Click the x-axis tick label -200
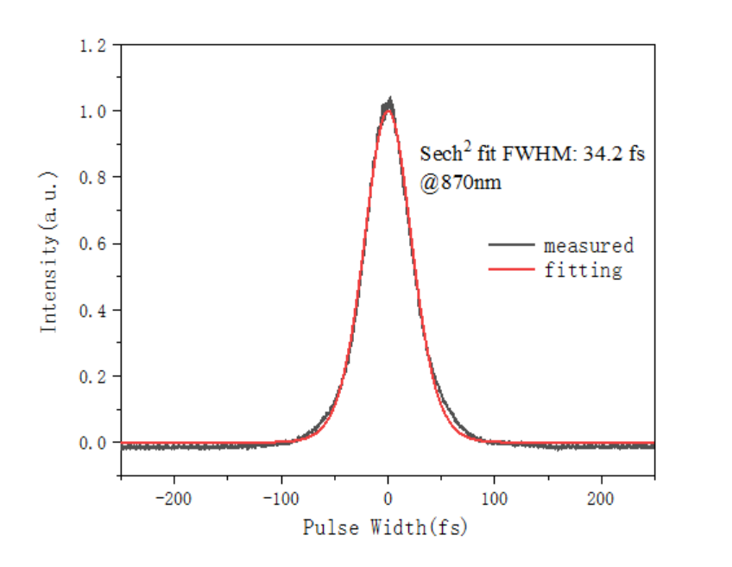[174, 498]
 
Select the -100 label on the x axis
[281, 498]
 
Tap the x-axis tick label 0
[388, 498]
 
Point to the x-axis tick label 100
[495, 498]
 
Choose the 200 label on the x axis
[601, 498]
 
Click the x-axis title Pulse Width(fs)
[385, 526]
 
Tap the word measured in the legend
[589, 245]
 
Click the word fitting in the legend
[583, 270]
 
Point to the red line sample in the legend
[511, 270]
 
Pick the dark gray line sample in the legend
[511, 245]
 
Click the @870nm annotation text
[460, 183]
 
